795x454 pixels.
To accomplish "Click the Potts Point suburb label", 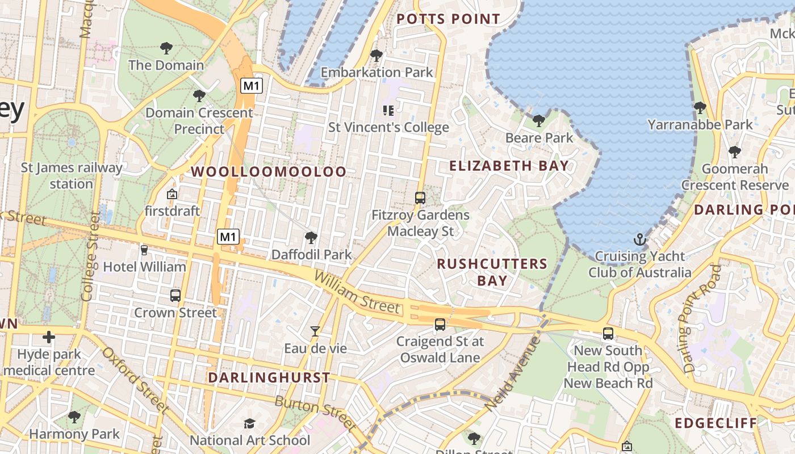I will tap(448, 19).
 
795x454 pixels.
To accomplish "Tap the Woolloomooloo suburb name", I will tap(268, 171).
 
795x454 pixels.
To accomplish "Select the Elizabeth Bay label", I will tap(509, 166).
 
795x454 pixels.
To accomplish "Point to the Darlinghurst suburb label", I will tap(269, 377).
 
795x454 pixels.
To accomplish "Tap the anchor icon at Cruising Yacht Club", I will tap(640, 239).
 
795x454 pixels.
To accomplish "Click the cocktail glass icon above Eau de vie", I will tap(315, 331).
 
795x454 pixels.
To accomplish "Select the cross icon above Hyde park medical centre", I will tap(49, 338).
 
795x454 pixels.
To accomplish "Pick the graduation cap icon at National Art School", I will tap(249, 424).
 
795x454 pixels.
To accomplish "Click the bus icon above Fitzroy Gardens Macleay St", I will tap(420, 198).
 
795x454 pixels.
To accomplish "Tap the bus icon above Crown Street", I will tap(175, 296).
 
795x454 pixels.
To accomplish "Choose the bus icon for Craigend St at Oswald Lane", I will tap(440, 325).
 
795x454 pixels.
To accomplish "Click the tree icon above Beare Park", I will tap(539, 120).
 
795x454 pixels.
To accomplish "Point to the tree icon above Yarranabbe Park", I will tap(700, 107).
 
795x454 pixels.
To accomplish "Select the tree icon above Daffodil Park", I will tap(311, 238).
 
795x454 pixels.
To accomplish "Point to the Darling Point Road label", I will tap(702, 318).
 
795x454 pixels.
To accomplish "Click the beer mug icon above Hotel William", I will tap(144, 250).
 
